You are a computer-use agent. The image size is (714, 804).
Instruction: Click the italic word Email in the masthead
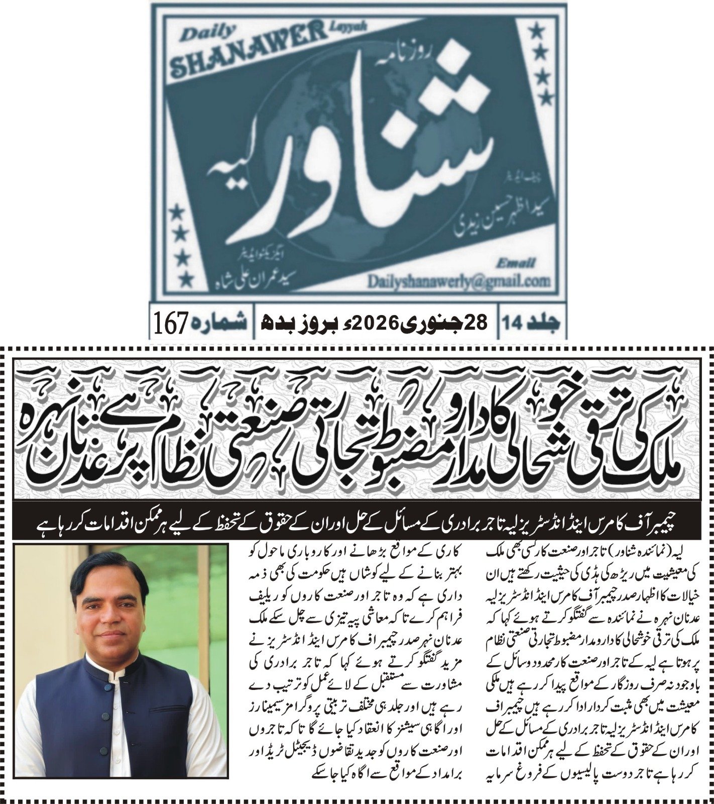click(517, 263)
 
